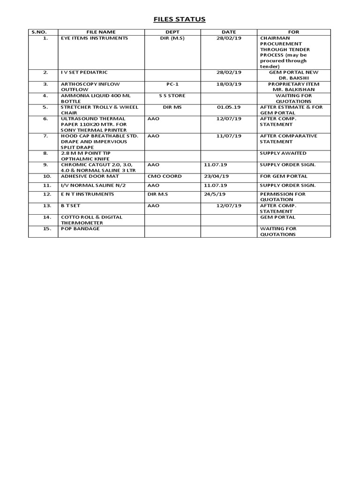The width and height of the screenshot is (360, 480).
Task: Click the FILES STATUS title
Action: (180, 19)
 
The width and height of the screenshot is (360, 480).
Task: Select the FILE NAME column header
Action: (101, 32)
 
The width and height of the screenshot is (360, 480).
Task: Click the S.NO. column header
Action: (43, 32)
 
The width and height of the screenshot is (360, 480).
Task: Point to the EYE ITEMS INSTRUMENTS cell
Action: (94, 38)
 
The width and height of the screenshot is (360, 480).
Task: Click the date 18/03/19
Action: (229, 84)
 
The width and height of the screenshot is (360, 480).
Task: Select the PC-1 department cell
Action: (172, 84)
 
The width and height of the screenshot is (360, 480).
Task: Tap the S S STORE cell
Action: (172, 96)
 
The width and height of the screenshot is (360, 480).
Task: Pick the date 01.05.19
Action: (229, 107)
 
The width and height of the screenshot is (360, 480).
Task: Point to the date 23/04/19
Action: (217, 176)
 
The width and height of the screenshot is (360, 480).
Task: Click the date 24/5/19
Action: (215, 194)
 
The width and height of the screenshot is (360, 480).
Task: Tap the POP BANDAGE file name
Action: (80, 229)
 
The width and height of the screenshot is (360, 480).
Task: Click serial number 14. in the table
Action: (46, 217)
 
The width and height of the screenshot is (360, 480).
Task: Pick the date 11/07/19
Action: (229, 136)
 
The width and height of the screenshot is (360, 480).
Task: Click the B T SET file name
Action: (73, 205)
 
